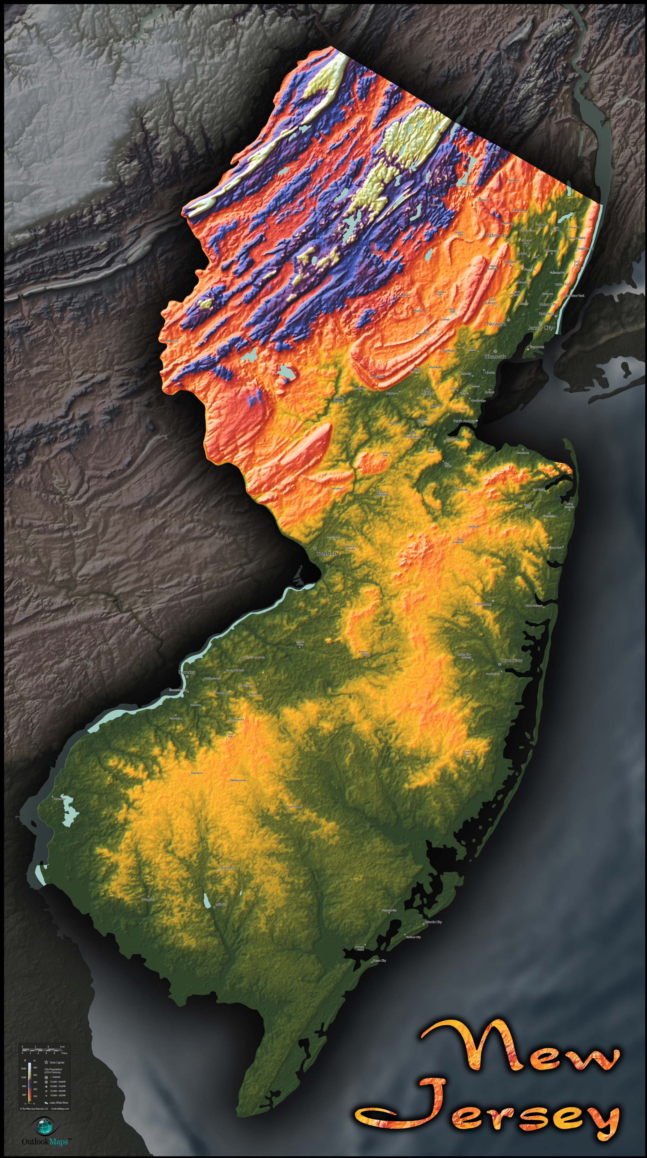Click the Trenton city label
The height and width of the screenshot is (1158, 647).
[327, 554]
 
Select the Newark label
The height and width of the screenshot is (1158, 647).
[496, 324]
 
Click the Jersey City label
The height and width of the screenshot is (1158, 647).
[540, 328]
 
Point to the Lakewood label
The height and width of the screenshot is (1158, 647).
[483, 604]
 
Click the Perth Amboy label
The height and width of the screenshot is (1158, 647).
[464, 421]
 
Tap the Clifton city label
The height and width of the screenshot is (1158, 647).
[510, 261]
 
